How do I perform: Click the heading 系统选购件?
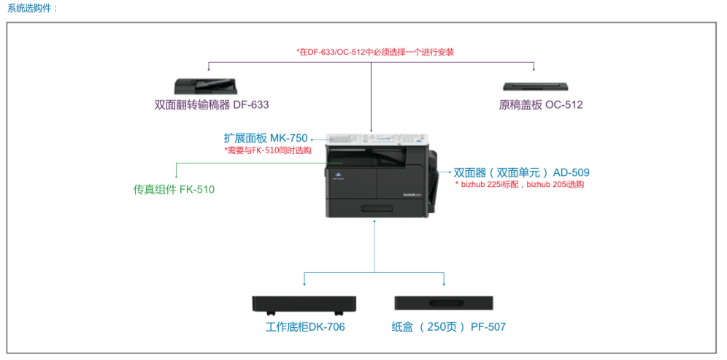tap(32, 8)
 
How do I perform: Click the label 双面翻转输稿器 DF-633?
tap(212, 104)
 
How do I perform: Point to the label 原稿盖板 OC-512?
tap(541, 104)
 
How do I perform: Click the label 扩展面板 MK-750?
tap(266, 137)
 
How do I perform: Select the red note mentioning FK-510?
tap(268, 150)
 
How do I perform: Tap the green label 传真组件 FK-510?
tap(174, 190)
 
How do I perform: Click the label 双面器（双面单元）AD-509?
tap(521, 172)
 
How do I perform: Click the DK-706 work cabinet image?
tap(304, 305)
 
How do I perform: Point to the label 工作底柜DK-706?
tap(305, 327)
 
